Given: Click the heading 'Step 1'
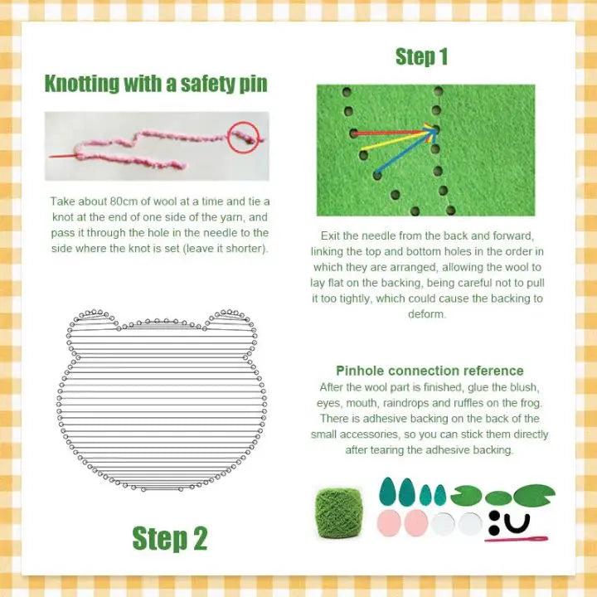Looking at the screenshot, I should (x=421, y=56).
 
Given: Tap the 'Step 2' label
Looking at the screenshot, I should (x=170, y=538).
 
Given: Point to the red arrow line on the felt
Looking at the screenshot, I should (x=390, y=131).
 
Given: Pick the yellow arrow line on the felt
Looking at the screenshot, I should (x=398, y=141).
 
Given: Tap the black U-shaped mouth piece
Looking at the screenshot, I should (x=519, y=523).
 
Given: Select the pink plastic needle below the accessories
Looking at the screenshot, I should (x=516, y=540).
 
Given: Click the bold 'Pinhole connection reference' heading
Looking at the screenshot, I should (x=430, y=371).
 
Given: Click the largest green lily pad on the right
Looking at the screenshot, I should (x=534, y=495).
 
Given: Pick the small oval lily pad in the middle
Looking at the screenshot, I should (x=498, y=498).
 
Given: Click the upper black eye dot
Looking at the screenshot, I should (x=494, y=516).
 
